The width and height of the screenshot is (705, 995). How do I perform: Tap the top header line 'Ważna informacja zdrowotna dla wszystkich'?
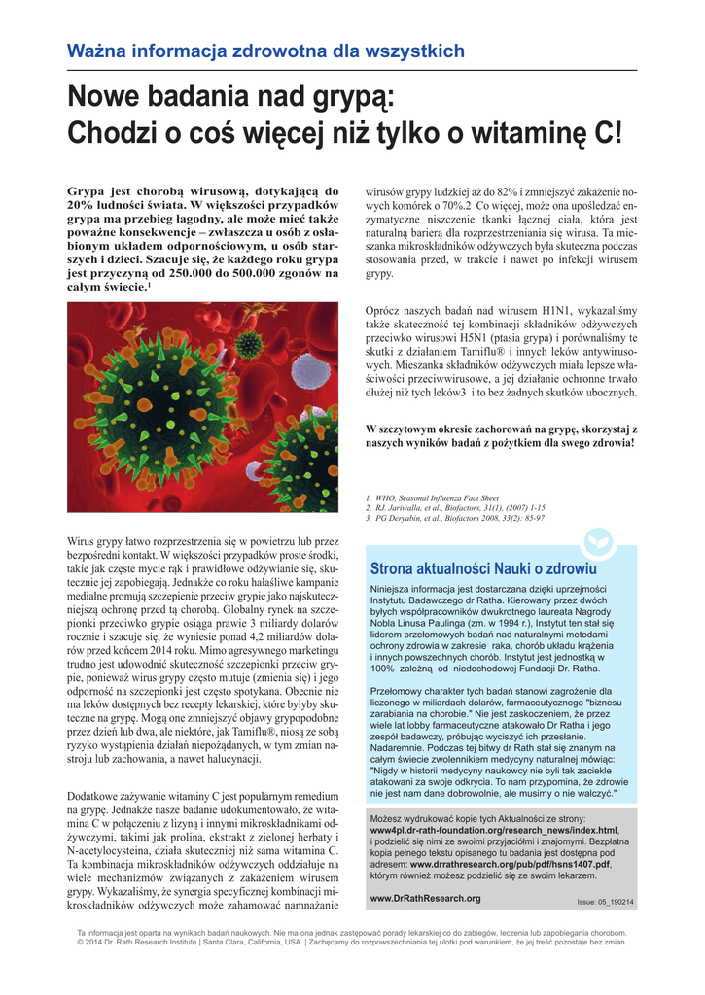coord(265,51)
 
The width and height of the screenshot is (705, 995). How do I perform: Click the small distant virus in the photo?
coord(250,342)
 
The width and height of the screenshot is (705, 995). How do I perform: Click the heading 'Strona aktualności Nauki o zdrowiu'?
coord(483,568)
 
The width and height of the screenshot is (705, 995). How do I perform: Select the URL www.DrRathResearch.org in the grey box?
coord(425,899)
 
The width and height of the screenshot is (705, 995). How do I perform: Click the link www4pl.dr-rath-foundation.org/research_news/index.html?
coord(494,831)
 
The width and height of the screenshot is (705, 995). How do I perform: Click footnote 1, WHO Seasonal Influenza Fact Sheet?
coord(433,497)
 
